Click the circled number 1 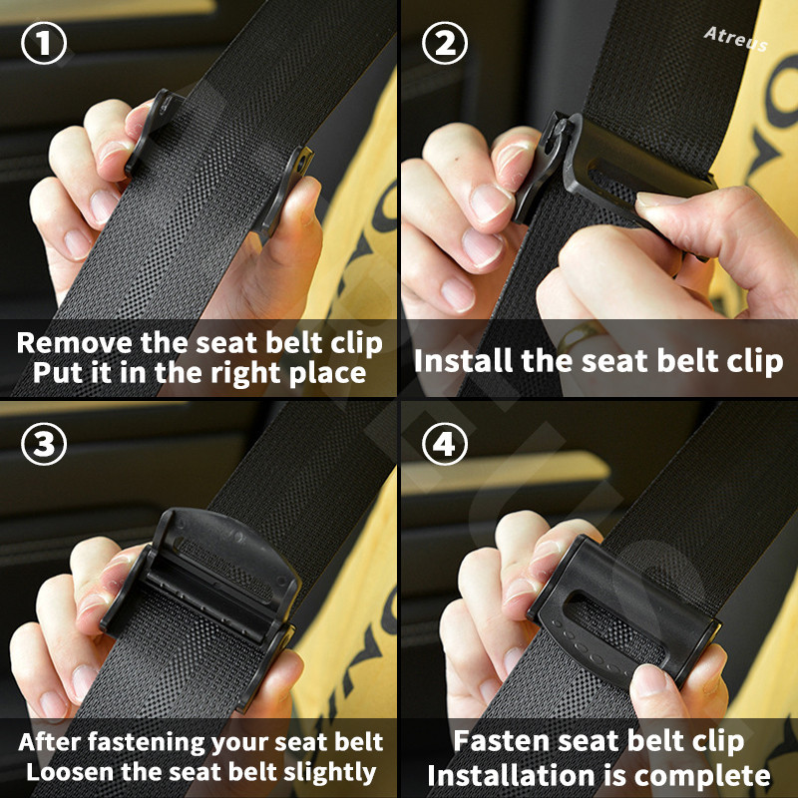pyautogui.click(x=44, y=43)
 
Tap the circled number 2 pyautogui.click(x=444, y=43)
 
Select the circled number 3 pyautogui.click(x=44, y=444)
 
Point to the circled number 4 pyautogui.click(x=444, y=444)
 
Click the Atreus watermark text pyautogui.click(x=736, y=39)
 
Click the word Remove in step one pyautogui.click(x=75, y=342)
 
